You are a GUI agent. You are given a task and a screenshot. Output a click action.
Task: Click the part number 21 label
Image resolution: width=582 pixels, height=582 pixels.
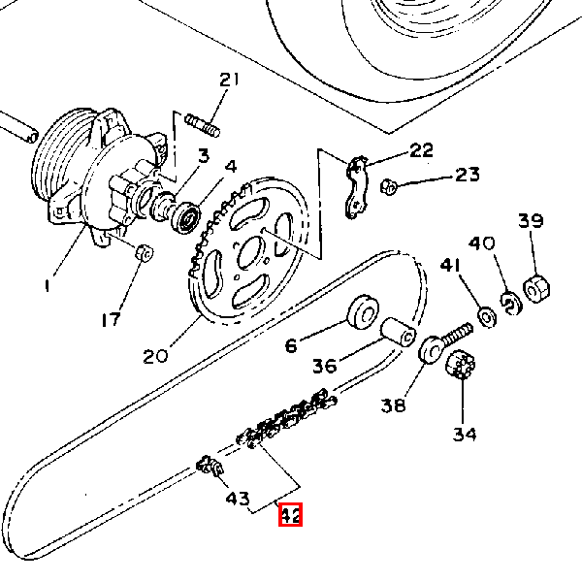(229, 80)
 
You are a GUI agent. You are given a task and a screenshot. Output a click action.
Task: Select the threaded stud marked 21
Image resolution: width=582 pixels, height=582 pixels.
(203, 125)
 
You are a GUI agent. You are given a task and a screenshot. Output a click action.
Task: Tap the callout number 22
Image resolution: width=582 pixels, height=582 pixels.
(421, 149)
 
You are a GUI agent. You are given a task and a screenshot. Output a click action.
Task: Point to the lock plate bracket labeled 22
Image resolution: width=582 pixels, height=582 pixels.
(357, 187)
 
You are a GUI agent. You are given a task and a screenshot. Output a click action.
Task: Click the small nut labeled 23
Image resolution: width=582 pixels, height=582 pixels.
(389, 186)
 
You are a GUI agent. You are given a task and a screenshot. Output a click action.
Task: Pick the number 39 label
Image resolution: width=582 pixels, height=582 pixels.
(531, 220)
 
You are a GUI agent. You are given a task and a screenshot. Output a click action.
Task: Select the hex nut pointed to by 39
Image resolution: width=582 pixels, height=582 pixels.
(536, 289)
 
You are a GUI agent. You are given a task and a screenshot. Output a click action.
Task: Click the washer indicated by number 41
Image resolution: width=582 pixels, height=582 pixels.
(487, 317)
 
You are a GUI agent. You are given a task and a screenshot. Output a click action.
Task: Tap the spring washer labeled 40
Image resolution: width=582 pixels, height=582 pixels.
(511, 304)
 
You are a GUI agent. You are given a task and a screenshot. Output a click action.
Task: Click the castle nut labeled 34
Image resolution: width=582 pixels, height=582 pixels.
(460, 364)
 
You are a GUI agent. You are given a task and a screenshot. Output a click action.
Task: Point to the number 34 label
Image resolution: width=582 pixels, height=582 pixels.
(465, 434)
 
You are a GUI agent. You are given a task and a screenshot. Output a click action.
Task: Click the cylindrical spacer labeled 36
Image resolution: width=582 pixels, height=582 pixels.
(399, 332)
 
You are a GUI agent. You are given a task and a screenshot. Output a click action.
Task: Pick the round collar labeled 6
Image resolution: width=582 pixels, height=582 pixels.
(363, 312)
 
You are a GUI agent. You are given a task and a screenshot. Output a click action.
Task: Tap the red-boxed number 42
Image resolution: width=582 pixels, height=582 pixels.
(290, 515)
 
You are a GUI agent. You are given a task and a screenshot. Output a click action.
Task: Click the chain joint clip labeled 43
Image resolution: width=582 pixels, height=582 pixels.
(210, 466)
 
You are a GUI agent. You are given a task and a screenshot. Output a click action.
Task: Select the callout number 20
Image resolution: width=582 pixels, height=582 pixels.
(155, 356)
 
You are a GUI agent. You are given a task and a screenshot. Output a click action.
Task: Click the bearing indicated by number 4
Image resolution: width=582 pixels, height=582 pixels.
(185, 218)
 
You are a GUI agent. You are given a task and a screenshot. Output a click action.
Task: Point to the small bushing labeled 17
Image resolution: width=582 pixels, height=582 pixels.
(144, 253)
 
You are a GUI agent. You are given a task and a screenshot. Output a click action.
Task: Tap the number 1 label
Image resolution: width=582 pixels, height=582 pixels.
(47, 286)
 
